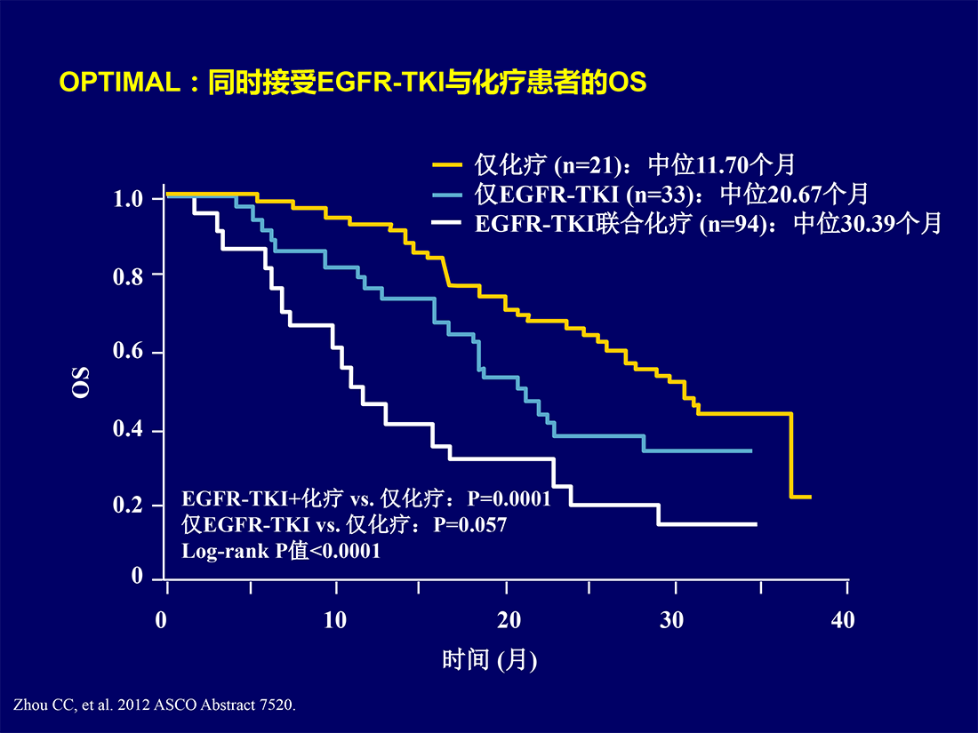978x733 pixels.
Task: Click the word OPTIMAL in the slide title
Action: pyautogui.click(x=120, y=83)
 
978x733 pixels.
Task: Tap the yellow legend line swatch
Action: pyautogui.click(x=447, y=165)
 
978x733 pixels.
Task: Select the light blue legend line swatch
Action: pyautogui.click(x=447, y=195)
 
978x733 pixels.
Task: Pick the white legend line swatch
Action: pyautogui.click(x=447, y=222)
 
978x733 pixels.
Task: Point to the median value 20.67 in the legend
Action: pyautogui.click(x=794, y=195)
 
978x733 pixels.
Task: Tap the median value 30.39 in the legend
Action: pyautogui.click(x=868, y=224)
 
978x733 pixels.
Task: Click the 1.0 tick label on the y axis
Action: pyautogui.click(x=129, y=199)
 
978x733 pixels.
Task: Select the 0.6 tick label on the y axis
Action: pyautogui.click(x=129, y=352)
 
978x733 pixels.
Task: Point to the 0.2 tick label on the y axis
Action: pyautogui.click(x=129, y=505)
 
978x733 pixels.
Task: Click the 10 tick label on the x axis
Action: pyautogui.click(x=335, y=620)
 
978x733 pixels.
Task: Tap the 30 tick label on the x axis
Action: pyautogui.click(x=672, y=620)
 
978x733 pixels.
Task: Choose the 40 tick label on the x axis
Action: pyautogui.click(x=843, y=620)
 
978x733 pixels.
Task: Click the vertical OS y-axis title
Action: pyautogui.click(x=80, y=382)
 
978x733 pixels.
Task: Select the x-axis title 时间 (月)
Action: pyautogui.click(x=490, y=659)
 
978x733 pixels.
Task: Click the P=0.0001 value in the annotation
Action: pyautogui.click(x=509, y=498)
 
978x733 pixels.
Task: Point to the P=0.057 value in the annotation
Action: pyautogui.click(x=470, y=525)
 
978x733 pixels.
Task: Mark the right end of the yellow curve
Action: pyautogui.click(x=811, y=497)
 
